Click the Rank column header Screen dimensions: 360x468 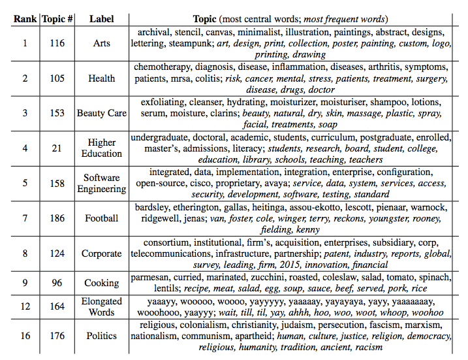click(25, 18)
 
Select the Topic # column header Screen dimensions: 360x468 click(57, 18)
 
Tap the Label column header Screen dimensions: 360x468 click(101, 18)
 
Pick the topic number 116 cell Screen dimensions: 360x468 click(57, 43)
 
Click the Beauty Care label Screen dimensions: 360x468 click(102, 113)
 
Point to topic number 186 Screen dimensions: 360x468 click(57, 218)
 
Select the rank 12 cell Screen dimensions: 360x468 click(25, 306)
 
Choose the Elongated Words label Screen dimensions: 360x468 click(102, 306)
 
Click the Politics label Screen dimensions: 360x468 click(102, 336)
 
